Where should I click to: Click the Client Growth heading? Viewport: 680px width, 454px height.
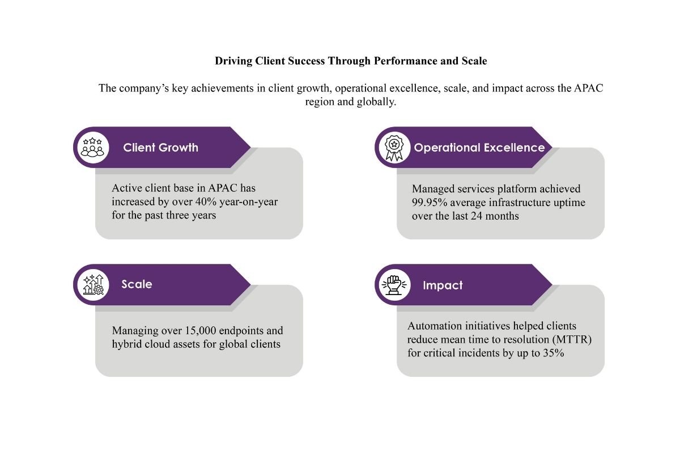click(x=160, y=148)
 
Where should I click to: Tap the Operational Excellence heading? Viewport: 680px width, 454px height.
click(x=479, y=148)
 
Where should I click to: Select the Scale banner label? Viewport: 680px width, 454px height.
click(x=137, y=284)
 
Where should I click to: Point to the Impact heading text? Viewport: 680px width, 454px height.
click(x=443, y=285)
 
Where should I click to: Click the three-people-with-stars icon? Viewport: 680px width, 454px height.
click(x=93, y=147)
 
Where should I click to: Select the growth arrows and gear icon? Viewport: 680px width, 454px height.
click(x=93, y=284)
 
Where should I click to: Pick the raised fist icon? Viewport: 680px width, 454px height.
click(x=394, y=285)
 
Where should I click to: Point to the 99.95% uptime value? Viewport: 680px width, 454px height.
click(x=430, y=202)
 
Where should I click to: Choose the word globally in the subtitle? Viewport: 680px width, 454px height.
click(x=373, y=102)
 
